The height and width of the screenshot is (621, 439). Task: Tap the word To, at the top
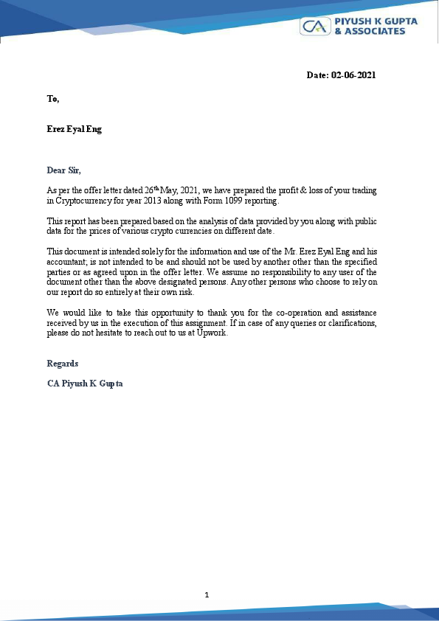coord(52,98)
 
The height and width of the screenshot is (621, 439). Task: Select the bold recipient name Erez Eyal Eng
coord(75,129)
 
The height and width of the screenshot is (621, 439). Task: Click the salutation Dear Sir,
coord(64,170)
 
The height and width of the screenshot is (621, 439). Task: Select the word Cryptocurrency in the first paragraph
coord(86,201)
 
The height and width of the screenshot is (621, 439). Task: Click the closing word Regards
coord(63,364)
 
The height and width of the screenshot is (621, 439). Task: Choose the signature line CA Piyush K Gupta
coord(84,384)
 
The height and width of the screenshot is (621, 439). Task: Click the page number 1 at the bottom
coord(207,594)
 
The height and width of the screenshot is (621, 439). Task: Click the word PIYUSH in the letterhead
coord(352,21)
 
